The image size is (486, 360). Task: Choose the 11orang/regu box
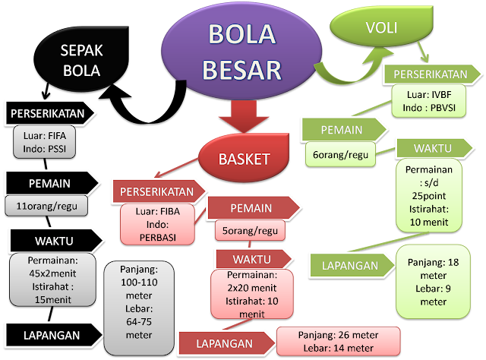[x=46, y=206]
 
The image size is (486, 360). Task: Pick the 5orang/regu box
[x=248, y=229]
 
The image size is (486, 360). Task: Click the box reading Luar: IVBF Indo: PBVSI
[x=429, y=102]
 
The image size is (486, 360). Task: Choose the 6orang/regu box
[x=342, y=155]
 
